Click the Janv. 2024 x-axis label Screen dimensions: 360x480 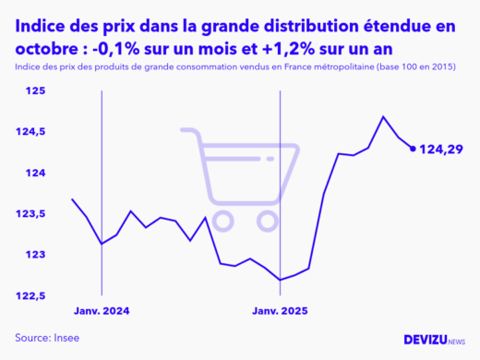pyautogui.click(x=102, y=312)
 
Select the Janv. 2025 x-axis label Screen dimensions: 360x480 pyautogui.click(x=280, y=312)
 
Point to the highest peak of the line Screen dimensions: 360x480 pyautogui.click(x=383, y=116)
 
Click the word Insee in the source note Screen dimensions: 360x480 pyautogui.click(x=66, y=338)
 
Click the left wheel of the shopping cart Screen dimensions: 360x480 pyautogui.click(x=223, y=220)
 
